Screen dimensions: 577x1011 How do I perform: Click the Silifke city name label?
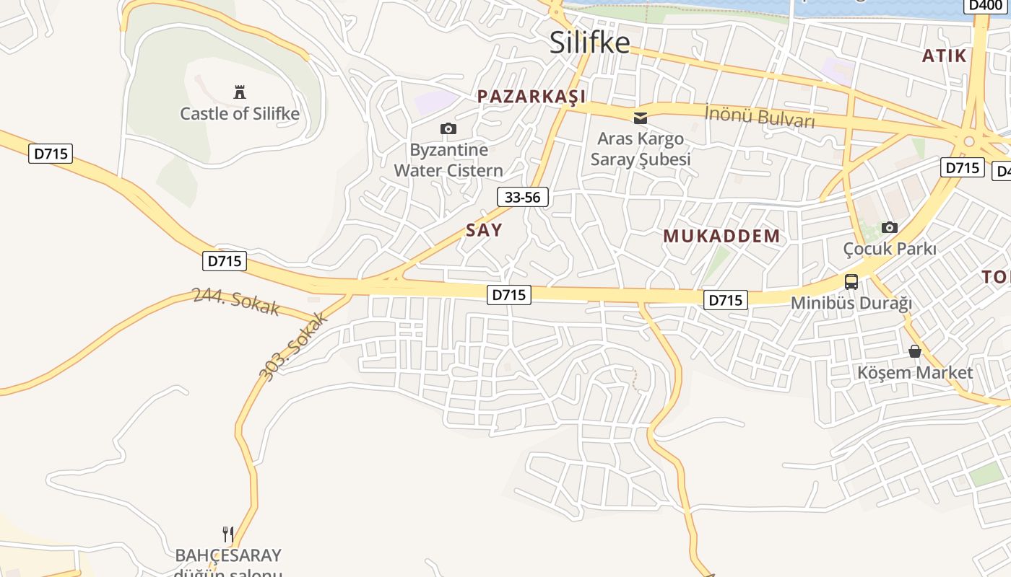point(589,43)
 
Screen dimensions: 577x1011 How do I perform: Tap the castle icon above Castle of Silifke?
point(240,92)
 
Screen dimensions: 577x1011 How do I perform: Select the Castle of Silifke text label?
point(240,113)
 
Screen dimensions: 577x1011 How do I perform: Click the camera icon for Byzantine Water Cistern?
point(448,128)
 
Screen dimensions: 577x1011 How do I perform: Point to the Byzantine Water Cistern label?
point(448,160)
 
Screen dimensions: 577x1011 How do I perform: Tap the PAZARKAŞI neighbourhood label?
point(531,97)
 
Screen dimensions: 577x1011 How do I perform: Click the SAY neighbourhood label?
point(484,230)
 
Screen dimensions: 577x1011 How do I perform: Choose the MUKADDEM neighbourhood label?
point(721,236)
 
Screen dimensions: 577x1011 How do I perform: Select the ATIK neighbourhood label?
point(945,56)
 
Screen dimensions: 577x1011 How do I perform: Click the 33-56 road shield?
point(523,197)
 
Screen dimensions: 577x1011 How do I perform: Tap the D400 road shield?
point(985,6)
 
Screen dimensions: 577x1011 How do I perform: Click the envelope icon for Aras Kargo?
point(640,118)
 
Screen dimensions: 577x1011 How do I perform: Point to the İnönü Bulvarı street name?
point(759,116)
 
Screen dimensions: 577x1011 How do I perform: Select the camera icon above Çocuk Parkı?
point(890,227)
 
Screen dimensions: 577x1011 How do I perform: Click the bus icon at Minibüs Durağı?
point(851,282)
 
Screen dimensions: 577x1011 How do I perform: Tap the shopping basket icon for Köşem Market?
point(915,351)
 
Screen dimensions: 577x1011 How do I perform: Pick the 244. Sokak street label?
point(235,301)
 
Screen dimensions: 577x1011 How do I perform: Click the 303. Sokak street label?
point(293,346)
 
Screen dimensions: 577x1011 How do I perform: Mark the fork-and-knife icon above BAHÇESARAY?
point(228,534)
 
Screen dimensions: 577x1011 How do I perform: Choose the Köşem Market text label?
point(915,373)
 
